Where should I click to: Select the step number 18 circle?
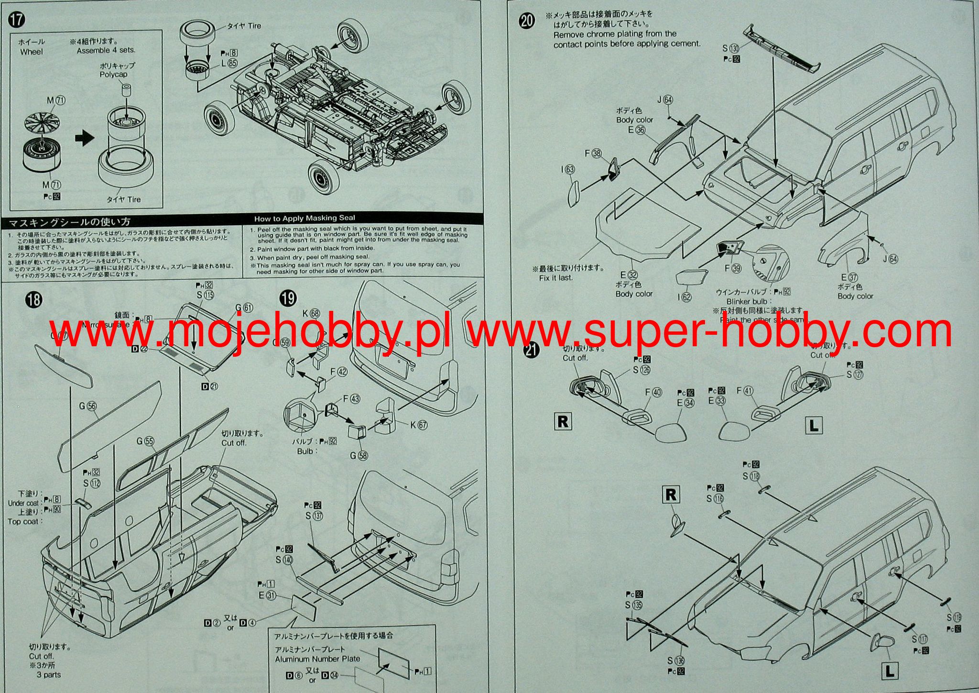(35, 300)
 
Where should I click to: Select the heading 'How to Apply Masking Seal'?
(305, 219)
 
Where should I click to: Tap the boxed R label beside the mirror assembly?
(563, 421)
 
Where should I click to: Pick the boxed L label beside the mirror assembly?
(814, 425)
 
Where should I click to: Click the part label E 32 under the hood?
(629, 275)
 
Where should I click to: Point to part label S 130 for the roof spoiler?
(731, 48)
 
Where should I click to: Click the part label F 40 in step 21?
(653, 392)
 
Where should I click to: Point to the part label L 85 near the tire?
(229, 63)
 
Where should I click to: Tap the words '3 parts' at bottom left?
(49, 675)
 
